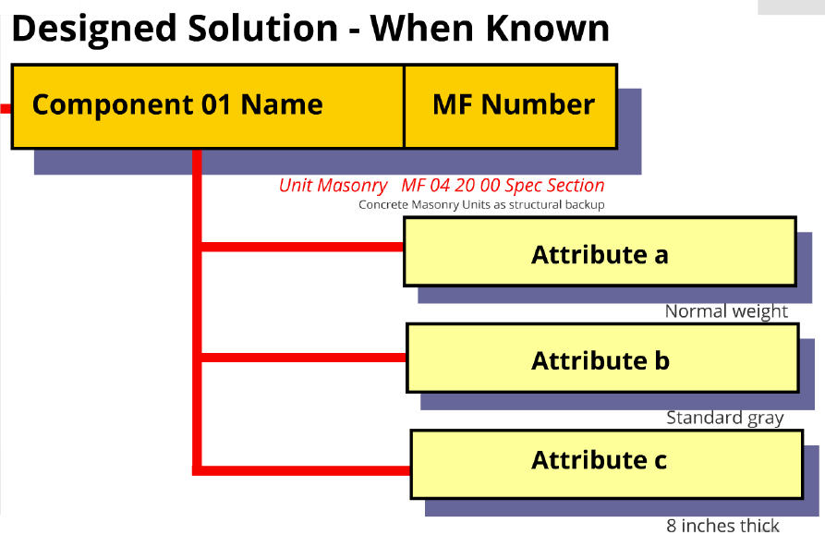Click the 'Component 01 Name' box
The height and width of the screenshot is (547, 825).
(208, 107)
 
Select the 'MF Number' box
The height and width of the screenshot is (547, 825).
(510, 107)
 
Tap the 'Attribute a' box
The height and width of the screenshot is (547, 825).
(600, 251)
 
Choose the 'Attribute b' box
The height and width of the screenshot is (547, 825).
(603, 358)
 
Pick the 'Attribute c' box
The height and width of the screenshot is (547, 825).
(607, 465)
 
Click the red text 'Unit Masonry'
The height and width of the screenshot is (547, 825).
(334, 186)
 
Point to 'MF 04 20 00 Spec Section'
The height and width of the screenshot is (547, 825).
(503, 186)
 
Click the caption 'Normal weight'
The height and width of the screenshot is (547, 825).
(726, 311)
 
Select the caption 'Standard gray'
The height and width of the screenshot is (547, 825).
(725, 418)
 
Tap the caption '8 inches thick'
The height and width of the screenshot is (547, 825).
(723, 526)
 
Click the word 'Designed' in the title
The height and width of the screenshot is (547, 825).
(94, 30)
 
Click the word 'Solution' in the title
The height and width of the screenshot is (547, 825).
(263, 28)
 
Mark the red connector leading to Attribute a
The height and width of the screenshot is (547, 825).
(302, 247)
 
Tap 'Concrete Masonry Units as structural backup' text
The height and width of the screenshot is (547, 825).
(481, 205)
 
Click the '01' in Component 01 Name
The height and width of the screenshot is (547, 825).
(216, 104)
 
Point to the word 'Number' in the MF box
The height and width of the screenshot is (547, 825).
(539, 104)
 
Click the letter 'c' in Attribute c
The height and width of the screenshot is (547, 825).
(661, 461)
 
